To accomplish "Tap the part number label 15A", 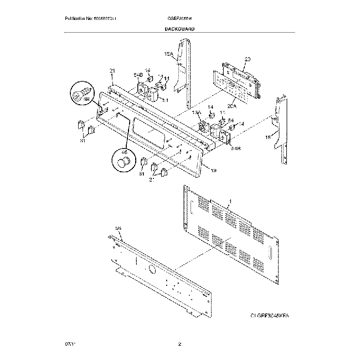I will click(x=169, y=54).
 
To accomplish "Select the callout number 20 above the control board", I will click(x=247, y=59).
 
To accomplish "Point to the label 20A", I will click(x=232, y=105).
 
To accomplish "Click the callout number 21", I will click(x=112, y=71).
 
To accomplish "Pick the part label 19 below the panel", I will click(x=213, y=171).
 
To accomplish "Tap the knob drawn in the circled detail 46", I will click(x=122, y=162).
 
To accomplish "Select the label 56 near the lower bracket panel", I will click(x=117, y=228).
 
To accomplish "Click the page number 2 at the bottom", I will click(x=179, y=344).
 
